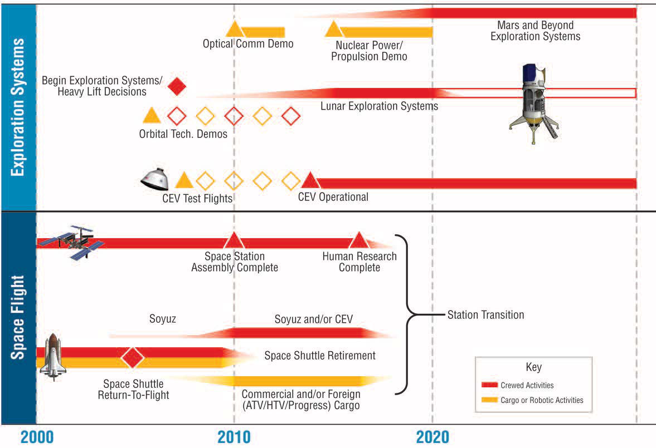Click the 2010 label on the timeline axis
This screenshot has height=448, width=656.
pos(234,437)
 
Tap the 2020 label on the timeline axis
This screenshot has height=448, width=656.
pos(433,437)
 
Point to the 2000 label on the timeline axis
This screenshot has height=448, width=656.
pos(37,437)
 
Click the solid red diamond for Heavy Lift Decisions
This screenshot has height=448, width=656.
pos(177,86)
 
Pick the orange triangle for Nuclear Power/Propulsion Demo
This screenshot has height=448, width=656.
pos(333,29)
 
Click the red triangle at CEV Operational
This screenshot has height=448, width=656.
pos(310,180)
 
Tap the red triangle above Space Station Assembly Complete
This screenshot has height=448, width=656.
pos(234,240)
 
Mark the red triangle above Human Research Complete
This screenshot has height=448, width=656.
pos(359,240)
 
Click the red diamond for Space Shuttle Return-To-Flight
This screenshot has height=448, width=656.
pos(132,357)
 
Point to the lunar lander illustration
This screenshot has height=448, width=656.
pos(533,103)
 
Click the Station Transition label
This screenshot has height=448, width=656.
pos(485,315)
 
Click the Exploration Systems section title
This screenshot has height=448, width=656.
pos(18,107)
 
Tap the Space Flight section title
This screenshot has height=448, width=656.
pos(18,317)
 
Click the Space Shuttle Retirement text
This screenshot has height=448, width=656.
pos(320,356)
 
